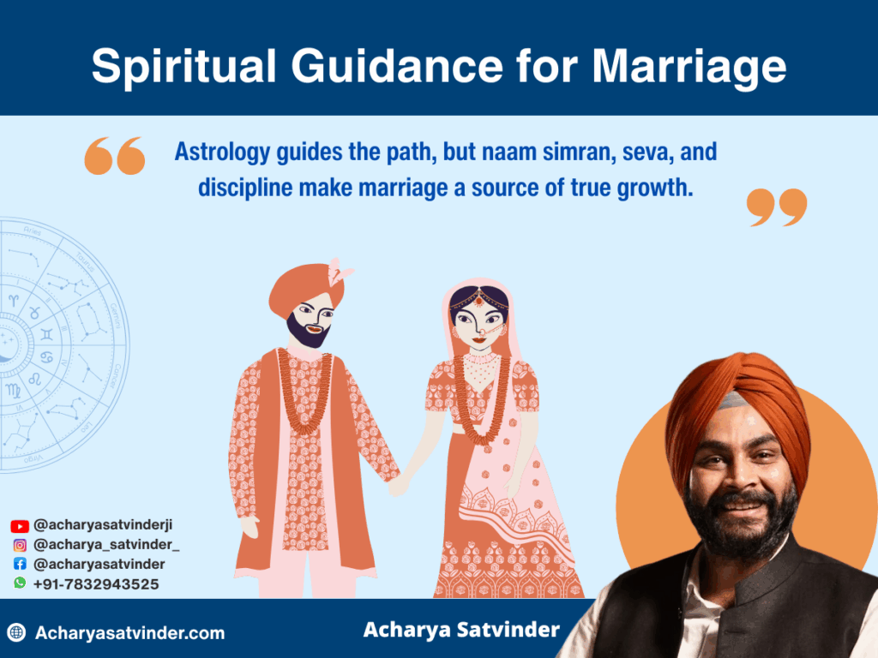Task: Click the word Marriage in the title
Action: [x=689, y=67]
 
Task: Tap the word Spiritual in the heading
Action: [x=184, y=67]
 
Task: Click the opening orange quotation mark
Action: [x=115, y=156]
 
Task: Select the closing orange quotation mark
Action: [x=777, y=207]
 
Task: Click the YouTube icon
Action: [x=20, y=526]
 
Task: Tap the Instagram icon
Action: [x=20, y=545]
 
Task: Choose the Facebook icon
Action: [x=20, y=564]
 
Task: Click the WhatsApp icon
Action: [x=20, y=583]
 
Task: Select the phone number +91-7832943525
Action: [x=96, y=584]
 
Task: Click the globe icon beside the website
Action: [x=17, y=633]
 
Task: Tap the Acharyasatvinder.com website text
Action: [x=130, y=633]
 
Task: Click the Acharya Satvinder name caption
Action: [x=461, y=630]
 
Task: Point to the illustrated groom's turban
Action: [x=305, y=288]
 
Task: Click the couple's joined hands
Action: [x=399, y=485]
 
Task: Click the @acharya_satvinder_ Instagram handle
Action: [x=106, y=545]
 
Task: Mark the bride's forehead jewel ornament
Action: [x=479, y=300]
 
